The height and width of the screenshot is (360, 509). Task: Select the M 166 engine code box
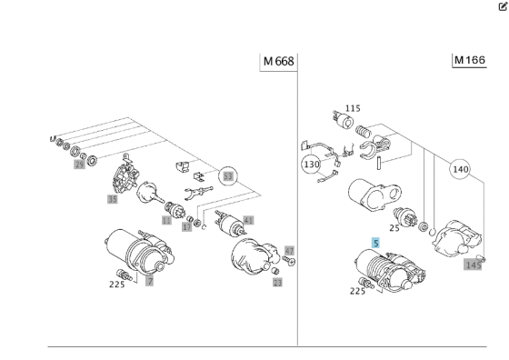pyautogui.click(x=470, y=60)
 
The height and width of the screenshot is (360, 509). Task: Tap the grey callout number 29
pyautogui.click(x=79, y=165)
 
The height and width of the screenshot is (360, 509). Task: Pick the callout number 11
pyautogui.click(x=166, y=220)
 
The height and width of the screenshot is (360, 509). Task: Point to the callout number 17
pyautogui.click(x=186, y=227)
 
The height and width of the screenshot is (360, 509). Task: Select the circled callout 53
pyautogui.click(x=228, y=175)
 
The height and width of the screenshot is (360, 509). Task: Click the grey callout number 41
pyautogui.click(x=249, y=219)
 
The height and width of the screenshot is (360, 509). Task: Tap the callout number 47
pyautogui.click(x=290, y=249)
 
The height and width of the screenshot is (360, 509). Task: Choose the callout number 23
pyautogui.click(x=277, y=283)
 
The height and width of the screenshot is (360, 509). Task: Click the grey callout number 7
pyautogui.click(x=150, y=282)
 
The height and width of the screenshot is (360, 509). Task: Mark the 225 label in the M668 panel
pyautogui.click(x=116, y=284)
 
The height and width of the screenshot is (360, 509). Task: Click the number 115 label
pyautogui.click(x=354, y=108)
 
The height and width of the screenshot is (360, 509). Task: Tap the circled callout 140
pyautogui.click(x=460, y=169)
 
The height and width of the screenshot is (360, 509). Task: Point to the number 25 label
pyautogui.click(x=394, y=227)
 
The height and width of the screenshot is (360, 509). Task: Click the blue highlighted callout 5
pyautogui.click(x=375, y=244)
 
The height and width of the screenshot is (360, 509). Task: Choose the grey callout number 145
pyautogui.click(x=473, y=265)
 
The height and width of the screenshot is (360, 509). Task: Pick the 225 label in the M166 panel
pyautogui.click(x=356, y=291)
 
